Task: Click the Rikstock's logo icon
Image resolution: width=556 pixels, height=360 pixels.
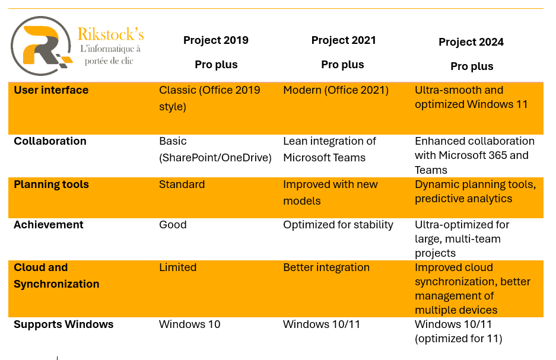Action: (x=42, y=46)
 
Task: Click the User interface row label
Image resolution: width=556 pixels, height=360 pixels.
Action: (x=51, y=90)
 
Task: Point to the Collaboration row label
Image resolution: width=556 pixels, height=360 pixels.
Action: (x=50, y=141)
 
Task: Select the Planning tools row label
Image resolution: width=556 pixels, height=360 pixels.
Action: (x=51, y=184)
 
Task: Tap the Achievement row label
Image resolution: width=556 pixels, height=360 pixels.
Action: (x=49, y=225)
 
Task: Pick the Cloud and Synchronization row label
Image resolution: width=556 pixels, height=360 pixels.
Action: (x=56, y=276)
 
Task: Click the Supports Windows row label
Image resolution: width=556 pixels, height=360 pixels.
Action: (x=63, y=324)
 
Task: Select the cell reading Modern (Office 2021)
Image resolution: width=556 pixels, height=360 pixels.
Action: (x=336, y=90)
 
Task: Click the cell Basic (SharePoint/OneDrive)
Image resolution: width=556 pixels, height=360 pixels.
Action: (x=215, y=149)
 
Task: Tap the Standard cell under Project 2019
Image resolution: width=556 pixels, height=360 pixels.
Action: (x=182, y=184)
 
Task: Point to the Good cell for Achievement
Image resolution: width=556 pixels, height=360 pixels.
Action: (x=173, y=225)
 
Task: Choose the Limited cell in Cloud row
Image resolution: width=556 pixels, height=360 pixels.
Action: (x=177, y=267)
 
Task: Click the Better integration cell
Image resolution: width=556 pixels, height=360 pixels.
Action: (x=326, y=267)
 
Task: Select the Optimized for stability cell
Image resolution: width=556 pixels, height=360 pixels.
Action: (x=338, y=225)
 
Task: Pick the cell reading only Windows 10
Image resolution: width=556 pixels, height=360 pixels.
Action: (x=189, y=324)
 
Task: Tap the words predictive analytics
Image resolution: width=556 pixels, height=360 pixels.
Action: (x=463, y=199)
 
